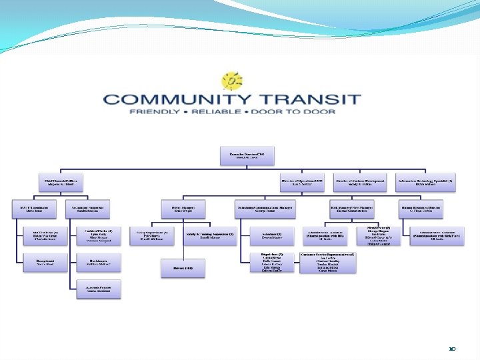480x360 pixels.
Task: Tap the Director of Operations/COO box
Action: pos(302,182)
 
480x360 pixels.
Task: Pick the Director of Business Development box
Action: pos(361,182)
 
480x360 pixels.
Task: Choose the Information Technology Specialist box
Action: pos(425,182)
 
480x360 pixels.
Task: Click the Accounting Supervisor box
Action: pos(93,208)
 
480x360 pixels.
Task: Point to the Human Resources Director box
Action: pos(425,208)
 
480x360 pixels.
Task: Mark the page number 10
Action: pos(453,348)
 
